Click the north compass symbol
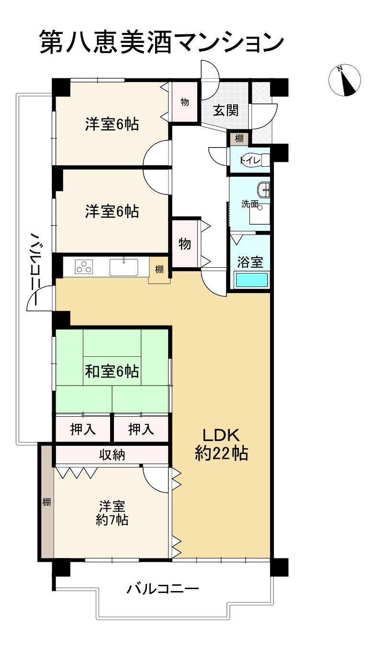click(x=344, y=80)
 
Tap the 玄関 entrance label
click(x=225, y=110)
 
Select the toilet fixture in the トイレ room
click(x=255, y=160)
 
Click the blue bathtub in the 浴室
click(x=252, y=280)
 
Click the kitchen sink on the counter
click(x=124, y=267)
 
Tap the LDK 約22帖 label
click(x=221, y=444)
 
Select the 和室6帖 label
click(x=112, y=371)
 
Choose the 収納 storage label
click(x=112, y=455)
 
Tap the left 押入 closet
click(x=83, y=429)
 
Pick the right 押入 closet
click(x=141, y=429)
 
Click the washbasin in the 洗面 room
click(x=263, y=190)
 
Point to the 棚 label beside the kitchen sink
click(x=159, y=270)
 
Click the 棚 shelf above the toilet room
click(x=239, y=139)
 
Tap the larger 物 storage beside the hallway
click(x=185, y=244)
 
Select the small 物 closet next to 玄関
click(x=185, y=102)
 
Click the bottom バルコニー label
click(x=163, y=589)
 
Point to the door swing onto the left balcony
click(x=40, y=298)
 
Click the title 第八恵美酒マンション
click(x=162, y=42)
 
